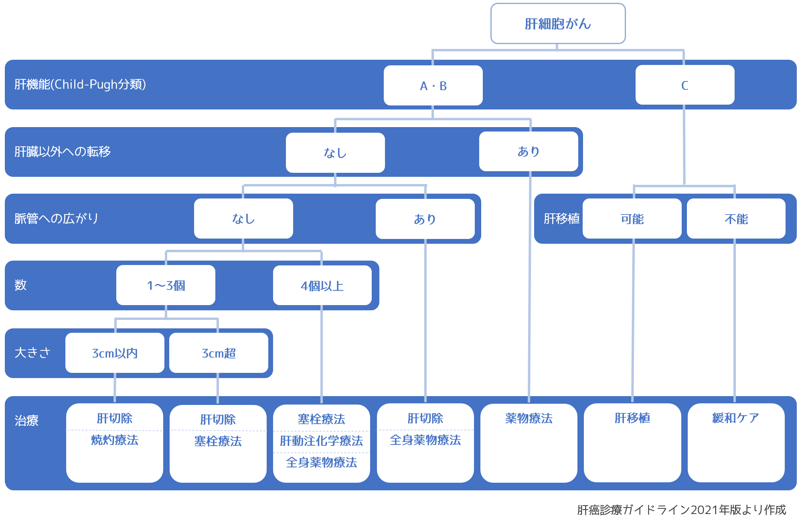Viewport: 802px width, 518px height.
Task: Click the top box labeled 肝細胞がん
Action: [x=558, y=24]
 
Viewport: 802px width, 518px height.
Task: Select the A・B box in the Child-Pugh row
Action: [x=433, y=85]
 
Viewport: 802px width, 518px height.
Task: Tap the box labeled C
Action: [x=685, y=85]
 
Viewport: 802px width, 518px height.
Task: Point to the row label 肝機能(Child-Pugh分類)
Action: [x=80, y=84]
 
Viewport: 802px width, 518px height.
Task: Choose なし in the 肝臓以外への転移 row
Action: [x=335, y=153]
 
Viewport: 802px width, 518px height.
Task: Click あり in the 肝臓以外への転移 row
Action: [x=529, y=152]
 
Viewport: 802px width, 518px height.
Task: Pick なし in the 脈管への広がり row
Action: [x=243, y=219]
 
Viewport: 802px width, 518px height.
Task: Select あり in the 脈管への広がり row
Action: [x=425, y=219]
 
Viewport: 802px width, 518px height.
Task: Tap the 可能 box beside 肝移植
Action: [x=632, y=219]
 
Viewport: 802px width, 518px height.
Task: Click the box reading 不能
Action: [x=736, y=219]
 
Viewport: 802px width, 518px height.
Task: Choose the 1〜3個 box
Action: [x=166, y=285]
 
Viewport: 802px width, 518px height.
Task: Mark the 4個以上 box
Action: [x=322, y=286]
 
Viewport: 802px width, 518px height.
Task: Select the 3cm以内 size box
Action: [x=115, y=353]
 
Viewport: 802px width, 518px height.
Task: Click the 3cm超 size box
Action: [x=219, y=353]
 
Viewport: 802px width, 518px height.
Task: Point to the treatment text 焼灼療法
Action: [x=115, y=440]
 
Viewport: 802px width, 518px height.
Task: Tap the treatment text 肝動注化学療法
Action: [x=321, y=441]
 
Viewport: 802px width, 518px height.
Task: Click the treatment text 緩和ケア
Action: [x=736, y=418]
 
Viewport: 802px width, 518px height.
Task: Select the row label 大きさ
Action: [x=32, y=353]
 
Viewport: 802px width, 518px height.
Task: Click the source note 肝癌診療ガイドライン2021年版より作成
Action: [x=681, y=510]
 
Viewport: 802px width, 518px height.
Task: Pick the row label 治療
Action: [x=26, y=421]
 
